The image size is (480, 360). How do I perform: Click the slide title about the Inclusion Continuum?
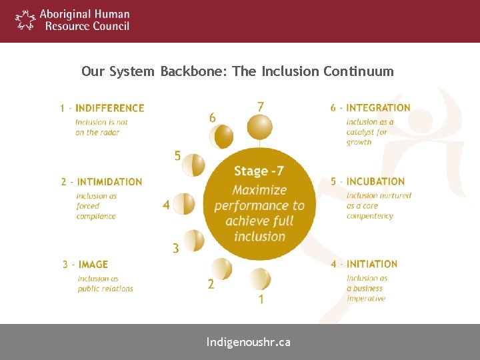click(x=237, y=71)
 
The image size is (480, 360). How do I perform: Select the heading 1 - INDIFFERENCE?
click(x=102, y=108)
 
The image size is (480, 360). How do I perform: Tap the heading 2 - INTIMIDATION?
click(x=102, y=181)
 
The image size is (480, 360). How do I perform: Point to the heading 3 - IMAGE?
click(x=85, y=265)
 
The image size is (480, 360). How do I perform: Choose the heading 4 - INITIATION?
click(x=364, y=264)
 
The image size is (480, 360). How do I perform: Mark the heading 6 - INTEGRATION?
click(x=370, y=108)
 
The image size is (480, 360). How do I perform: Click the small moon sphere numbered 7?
click(x=259, y=127)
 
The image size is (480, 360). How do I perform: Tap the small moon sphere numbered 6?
click(x=221, y=137)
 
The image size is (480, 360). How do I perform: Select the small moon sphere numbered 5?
click(x=193, y=165)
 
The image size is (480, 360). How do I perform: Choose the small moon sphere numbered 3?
click(x=193, y=240)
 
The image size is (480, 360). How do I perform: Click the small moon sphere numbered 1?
click(x=259, y=279)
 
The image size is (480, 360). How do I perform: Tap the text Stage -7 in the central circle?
click(x=259, y=171)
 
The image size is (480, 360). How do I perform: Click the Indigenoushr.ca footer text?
click(x=248, y=343)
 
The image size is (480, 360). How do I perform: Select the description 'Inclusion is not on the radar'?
click(x=101, y=127)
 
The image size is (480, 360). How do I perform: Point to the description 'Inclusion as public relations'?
click(x=105, y=284)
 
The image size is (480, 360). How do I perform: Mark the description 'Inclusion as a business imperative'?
click(x=366, y=289)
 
